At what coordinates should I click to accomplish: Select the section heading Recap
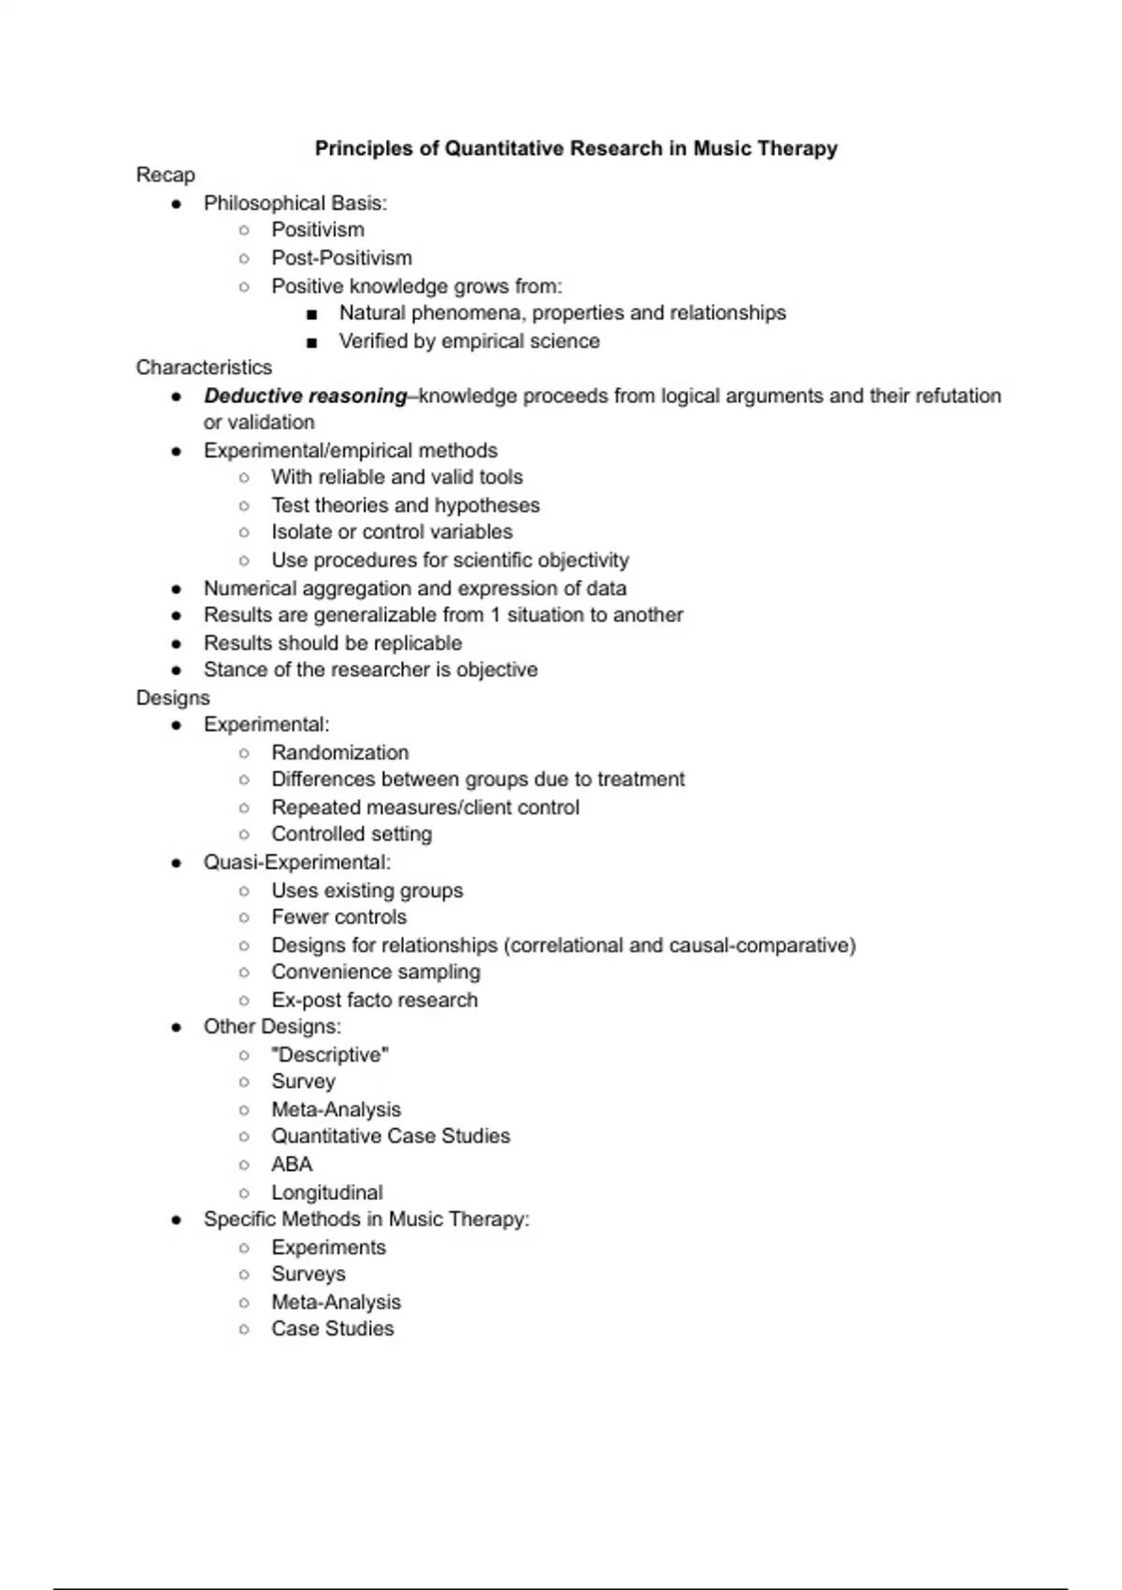pos(165,175)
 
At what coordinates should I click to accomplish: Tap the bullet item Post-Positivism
pos(341,257)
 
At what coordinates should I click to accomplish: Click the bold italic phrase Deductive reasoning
pos(306,396)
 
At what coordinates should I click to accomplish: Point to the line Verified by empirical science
pos(468,340)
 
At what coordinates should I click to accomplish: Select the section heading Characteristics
pos(204,368)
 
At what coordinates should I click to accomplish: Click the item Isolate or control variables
pos(392,531)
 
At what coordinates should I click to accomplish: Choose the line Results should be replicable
pos(333,643)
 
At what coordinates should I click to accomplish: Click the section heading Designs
pos(173,698)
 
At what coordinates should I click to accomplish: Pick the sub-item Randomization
pos(339,752)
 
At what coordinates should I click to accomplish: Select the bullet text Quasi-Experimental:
pos(297,861)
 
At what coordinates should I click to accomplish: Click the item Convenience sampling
pos(375,972)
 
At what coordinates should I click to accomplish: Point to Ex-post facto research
pos(374,1000)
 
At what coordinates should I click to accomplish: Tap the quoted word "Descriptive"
pos(330,1054)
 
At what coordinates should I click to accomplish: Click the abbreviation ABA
pos(292,1164)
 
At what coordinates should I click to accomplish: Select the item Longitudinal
pos(327,1192)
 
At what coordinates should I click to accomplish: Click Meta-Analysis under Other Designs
pos(336,1109)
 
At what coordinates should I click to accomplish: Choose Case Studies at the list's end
pos(333,1328)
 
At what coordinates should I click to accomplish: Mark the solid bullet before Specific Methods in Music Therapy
pos(177,1220)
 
